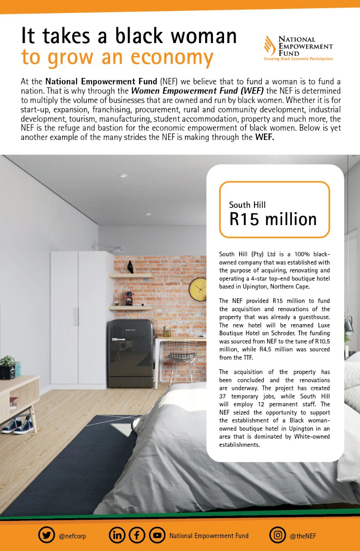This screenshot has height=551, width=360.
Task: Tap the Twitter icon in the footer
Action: pyautogui.click(x=46, y=536)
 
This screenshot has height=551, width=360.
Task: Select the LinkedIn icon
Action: pyautogui.click(x=117, y=536)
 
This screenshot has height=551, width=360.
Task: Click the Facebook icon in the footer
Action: pyautogui.click(x=137, y=536)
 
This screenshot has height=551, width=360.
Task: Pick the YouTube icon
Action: pyautogui.click(x=157, y=536)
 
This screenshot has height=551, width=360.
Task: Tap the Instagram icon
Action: pyautogui.click(x=278, y=536)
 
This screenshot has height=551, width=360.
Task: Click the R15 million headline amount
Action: pyautogui.click(x=273, y=219)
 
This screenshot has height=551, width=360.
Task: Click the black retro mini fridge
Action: pyautogui.click(x=130, y=353)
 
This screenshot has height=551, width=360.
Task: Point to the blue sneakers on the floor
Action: pyautogui.click(x=18, y=426)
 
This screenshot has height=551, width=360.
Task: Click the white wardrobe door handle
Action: pyautogui.click(x=76, y=316)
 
